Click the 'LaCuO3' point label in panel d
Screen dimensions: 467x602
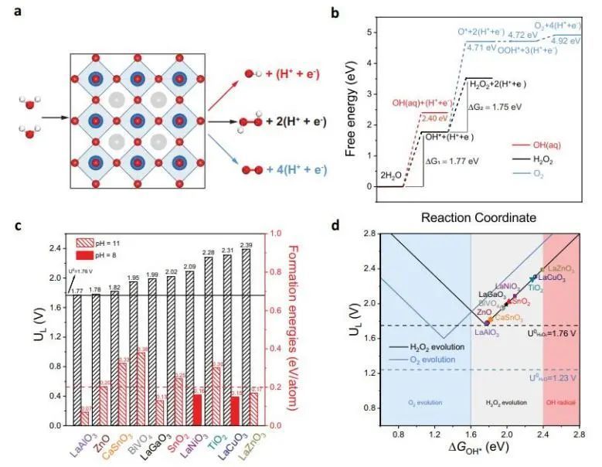tap(553, 278)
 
